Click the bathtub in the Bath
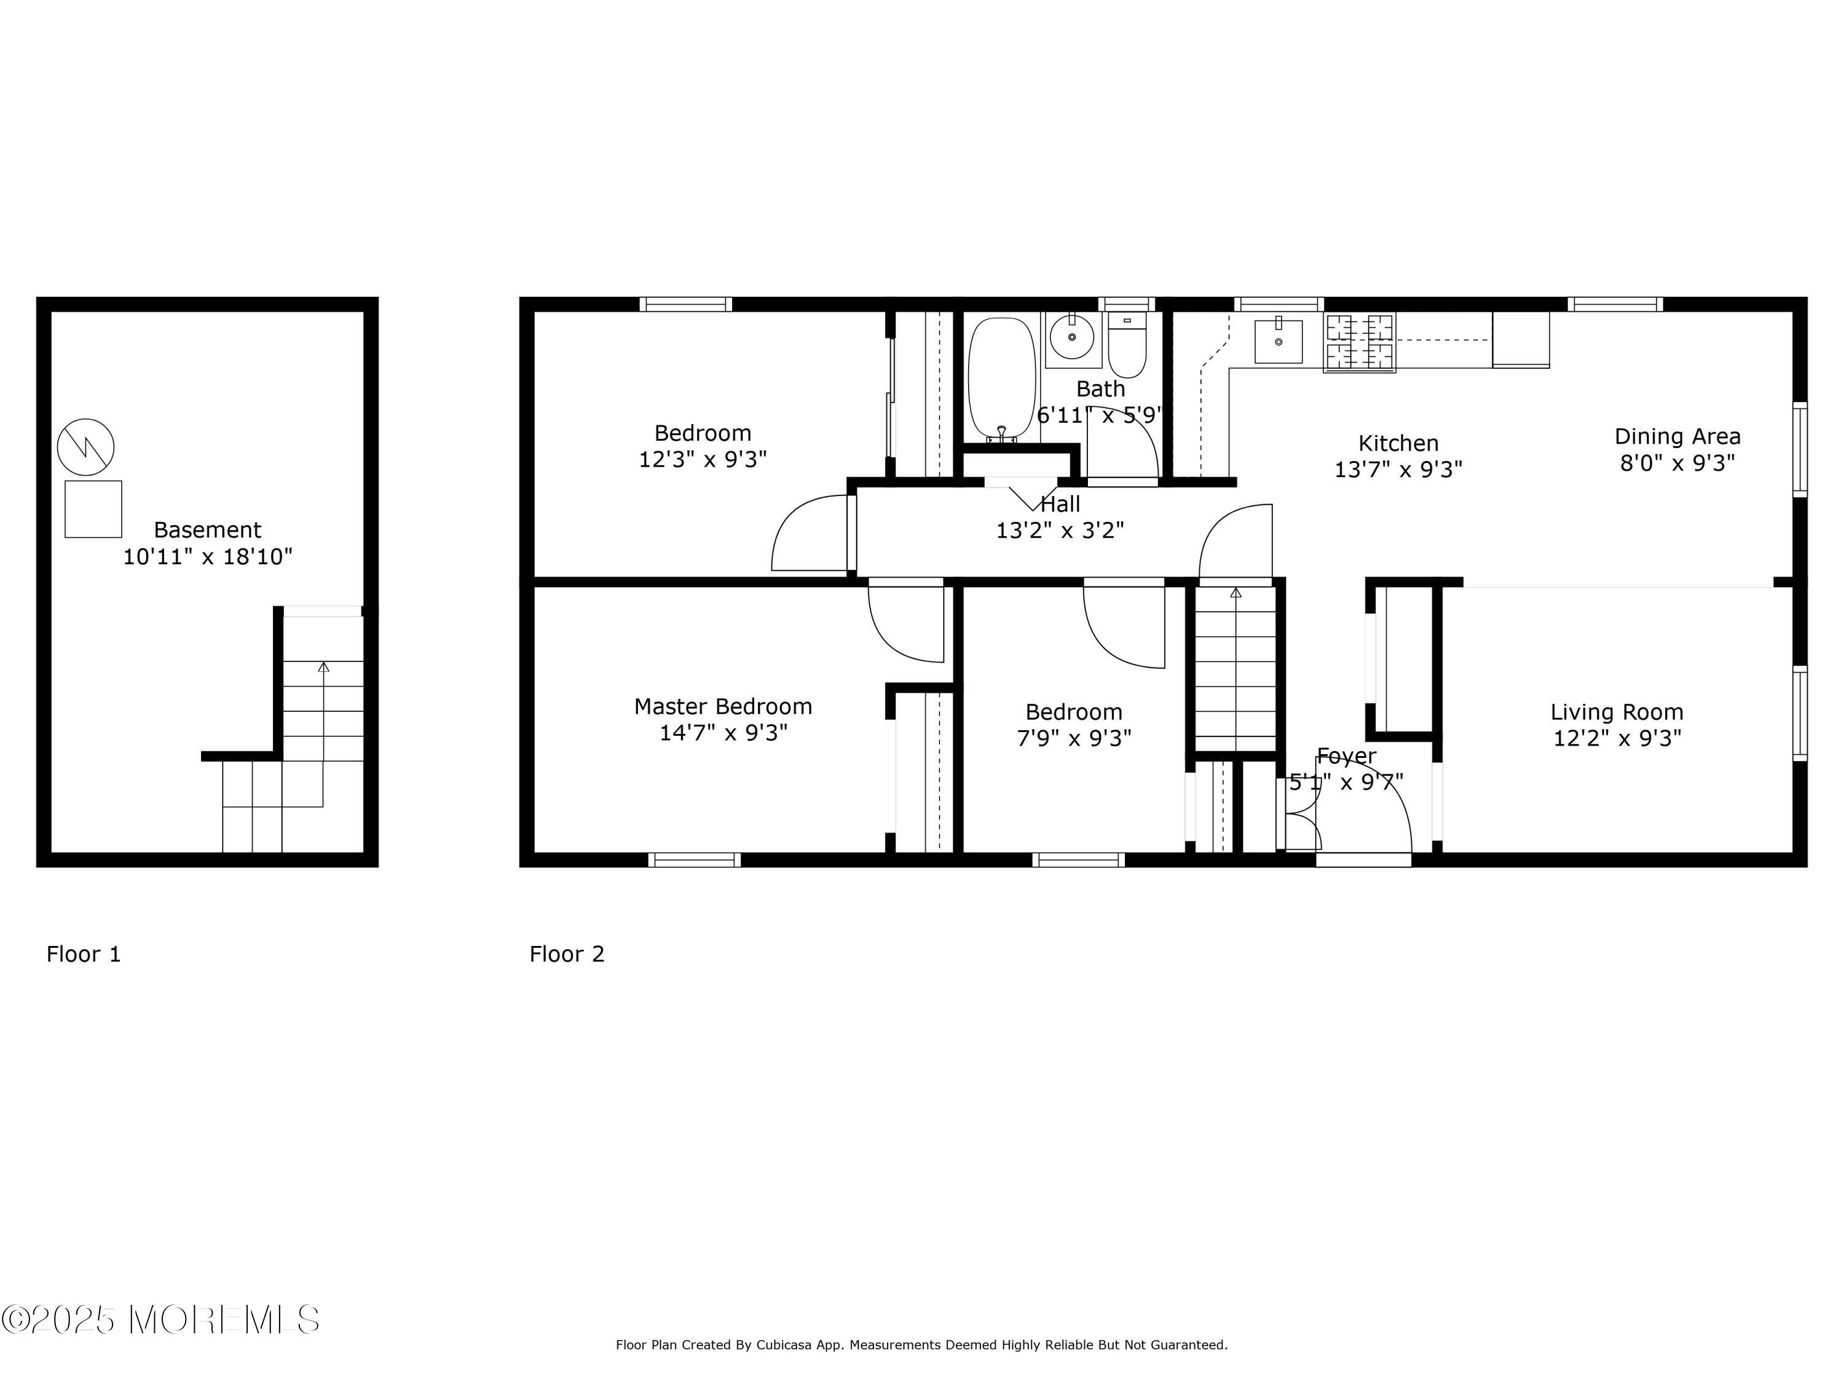click(x=1001, y=377)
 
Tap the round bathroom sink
click(x=1071, y=337)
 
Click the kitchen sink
click(x=1278, y=340)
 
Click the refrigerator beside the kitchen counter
click(x=1521, y=339)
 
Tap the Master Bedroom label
click(x=723, y=706)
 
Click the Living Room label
click(x=1617, y=712)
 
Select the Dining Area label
click(x=1677, y=436)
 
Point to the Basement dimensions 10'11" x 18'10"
click(x=208, y=557)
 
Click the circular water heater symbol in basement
click(x=86, y=447)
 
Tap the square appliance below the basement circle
click(x=93, y=508)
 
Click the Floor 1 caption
click(x=84, y=954)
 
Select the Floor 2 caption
click(x=567, y=954)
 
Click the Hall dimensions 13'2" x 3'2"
click(x=1060, y=530)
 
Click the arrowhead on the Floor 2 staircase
click(x=1235, y=593)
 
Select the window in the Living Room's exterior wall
click(x=1800, y=714)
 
